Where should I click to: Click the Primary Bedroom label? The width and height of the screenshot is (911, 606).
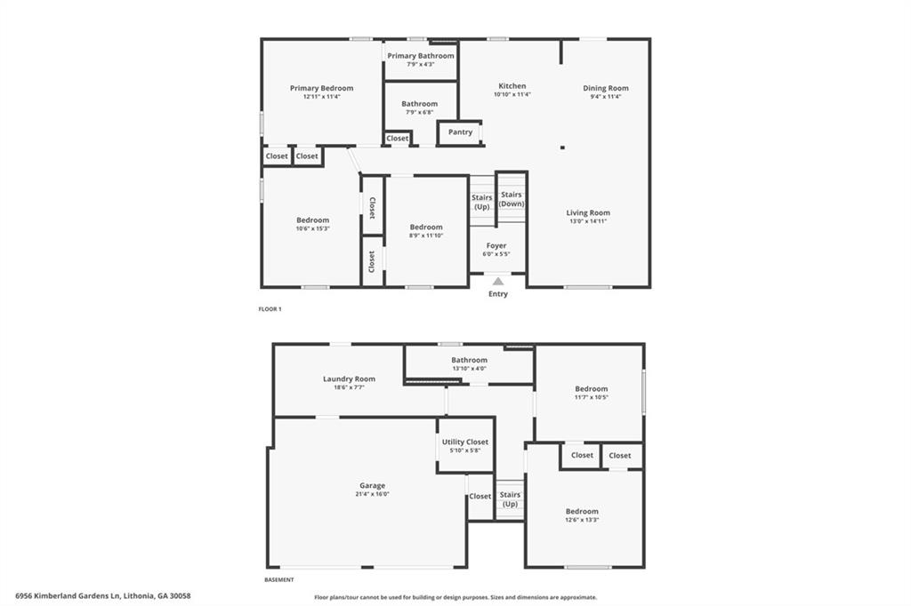pos(321,88)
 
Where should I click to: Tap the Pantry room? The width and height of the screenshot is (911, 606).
pos(460,132)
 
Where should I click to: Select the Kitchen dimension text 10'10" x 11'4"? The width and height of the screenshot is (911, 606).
pos(512,95)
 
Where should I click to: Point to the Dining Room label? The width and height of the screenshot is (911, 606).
pos(606,88)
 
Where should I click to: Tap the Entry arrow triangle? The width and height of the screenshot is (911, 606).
pos(498,282)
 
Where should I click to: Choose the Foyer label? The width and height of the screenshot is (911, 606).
pos(496,245)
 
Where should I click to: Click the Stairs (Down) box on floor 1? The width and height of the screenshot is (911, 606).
pos(512,199)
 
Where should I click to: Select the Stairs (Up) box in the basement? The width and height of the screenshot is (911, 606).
pos(510,499)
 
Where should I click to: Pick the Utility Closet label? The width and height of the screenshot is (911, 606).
pos(465,442)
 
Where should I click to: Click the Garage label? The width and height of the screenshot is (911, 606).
pos(372,485)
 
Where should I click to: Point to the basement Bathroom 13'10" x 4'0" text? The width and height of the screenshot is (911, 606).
pos(469,369)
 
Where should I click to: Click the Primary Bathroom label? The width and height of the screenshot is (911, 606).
pos(420,56)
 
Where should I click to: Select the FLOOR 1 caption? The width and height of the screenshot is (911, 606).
pos(270,309)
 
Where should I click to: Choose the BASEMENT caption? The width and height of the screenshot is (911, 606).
pos(278,579)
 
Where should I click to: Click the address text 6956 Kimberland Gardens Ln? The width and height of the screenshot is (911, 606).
pos(103,596)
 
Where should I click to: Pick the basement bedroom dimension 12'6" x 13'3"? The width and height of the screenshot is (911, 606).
pos(582,520)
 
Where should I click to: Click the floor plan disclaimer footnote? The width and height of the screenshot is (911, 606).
pos(455,598)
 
